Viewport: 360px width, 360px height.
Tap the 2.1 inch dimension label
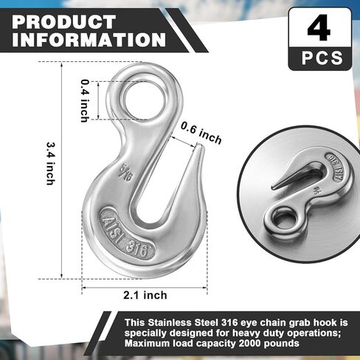(x=145, y=294)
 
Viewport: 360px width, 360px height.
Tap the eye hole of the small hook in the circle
(x=283, y=218)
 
